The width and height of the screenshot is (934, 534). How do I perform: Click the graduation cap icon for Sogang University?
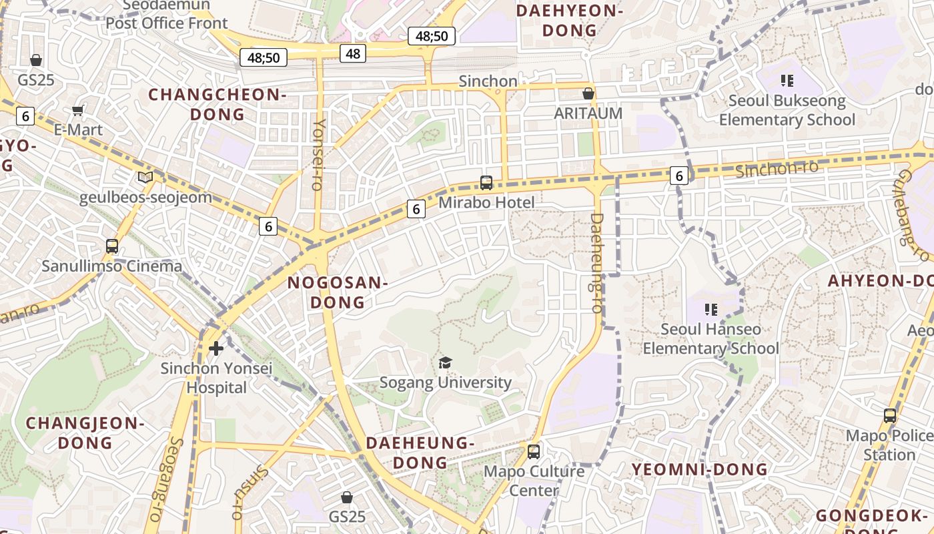tap(445, 362)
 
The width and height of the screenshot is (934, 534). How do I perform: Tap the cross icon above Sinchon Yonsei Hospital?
tap(216, 348)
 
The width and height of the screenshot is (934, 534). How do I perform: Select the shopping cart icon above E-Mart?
tap(78, 110)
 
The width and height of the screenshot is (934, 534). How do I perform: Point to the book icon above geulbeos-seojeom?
tap(145, 178)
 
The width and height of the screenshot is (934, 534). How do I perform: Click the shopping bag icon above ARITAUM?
tap(588, 93)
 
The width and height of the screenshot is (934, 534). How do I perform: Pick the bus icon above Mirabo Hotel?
tap(486, 182)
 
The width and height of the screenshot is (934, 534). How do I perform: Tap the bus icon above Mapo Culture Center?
tap(533, 451)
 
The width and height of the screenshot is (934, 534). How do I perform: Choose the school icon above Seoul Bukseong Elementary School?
tap(787, 81)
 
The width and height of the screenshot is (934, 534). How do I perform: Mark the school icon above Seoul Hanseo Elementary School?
tap(711, 310)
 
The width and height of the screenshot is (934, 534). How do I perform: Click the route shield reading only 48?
tap(353, 53)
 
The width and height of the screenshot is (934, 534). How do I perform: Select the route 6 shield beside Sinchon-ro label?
tap(679, 176)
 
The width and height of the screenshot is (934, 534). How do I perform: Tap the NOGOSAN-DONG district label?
tap(338, 292)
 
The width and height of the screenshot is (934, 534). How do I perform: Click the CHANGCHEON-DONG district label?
tap(217, 104)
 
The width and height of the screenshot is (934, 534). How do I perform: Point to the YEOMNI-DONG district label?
tap(700, 469)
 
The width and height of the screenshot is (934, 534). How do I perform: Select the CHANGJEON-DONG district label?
tap(85, 433)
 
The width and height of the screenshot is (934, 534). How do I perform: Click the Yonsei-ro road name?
tap(319, 154)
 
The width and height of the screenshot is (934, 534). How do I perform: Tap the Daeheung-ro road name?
tap(596, 263)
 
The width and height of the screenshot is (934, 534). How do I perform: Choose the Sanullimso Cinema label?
tap(112, 266)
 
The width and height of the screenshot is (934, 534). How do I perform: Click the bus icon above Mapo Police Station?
tap(889, 416)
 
